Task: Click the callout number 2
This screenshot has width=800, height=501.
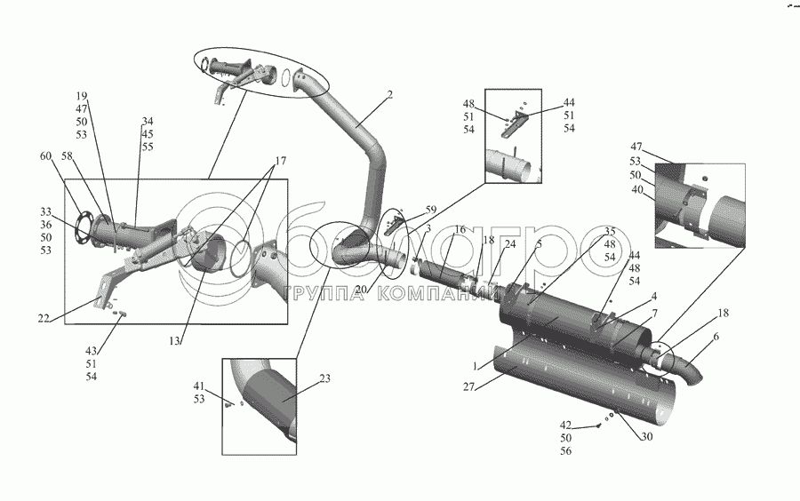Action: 389,94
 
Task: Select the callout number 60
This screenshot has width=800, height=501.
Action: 44,156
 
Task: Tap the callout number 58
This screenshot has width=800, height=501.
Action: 67,156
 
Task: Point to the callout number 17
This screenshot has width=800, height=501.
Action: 280,161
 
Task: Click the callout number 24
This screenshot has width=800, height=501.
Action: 510,243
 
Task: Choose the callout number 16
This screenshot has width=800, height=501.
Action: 460,229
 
